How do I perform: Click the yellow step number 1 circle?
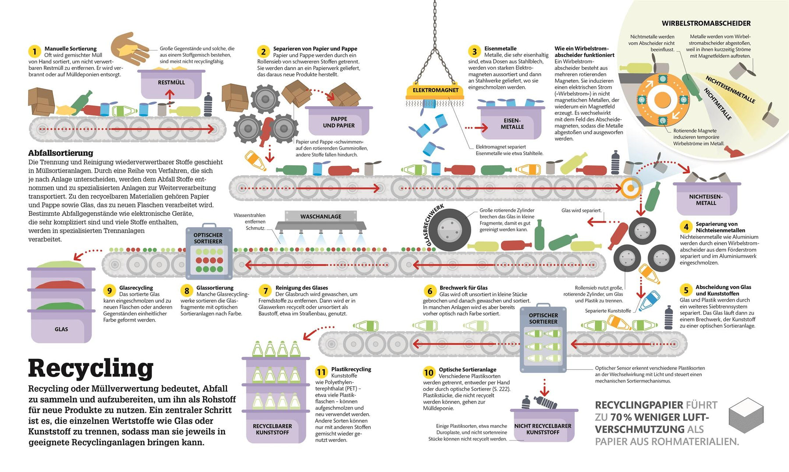(x=34, y=51)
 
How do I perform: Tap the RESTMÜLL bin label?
(x=171, y=82)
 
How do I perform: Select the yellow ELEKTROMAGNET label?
(x=435, y=90)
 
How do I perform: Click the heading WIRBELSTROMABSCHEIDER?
(x=706, y=23)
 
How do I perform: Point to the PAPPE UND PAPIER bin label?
(x=338, y=122)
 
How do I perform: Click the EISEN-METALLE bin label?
(x=512, y=124)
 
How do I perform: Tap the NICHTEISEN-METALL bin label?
(x=706, y=200)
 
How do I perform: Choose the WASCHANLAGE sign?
(x=321, y=216)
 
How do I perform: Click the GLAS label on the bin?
(x=61, y=329)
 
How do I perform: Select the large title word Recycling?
(x=91, y=368)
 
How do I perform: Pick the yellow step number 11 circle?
(x=321, y=372)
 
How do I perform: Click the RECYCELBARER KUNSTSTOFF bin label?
(x=272, y=429)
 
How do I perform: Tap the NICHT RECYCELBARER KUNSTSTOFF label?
(x=543, y=429)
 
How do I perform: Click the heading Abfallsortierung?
(x=60, y=153)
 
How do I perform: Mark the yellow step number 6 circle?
(x=430, y=291)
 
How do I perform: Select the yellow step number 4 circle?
(x=686, y=227)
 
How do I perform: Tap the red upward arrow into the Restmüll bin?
(x=170, y=94)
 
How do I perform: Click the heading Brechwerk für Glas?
(x=463, y=288)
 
